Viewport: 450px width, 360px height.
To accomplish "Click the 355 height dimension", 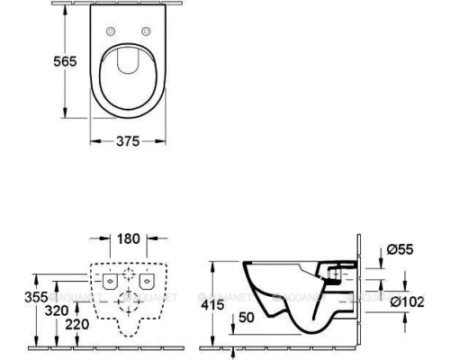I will pos(11,296).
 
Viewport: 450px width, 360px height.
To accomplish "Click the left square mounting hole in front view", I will pos(111,282).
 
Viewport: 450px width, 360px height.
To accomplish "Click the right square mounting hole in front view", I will pos(146,282).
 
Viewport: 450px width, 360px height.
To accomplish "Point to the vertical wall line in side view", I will pos(359,288).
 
